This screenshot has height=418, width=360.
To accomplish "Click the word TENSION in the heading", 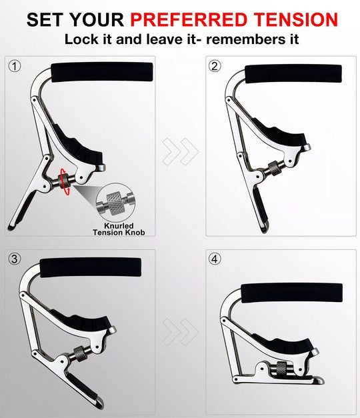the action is point(296,19).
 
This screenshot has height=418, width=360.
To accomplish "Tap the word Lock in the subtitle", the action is point(81,39).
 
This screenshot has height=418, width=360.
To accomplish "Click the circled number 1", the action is point(15,66).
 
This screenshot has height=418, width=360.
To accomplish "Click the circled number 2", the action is point(215,66).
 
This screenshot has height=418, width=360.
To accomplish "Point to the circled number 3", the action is point(15,259).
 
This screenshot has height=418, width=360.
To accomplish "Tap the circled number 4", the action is point(215,259).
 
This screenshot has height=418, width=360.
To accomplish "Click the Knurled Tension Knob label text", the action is point(119,229).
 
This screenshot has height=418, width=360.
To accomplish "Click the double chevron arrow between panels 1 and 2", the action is point(181,152).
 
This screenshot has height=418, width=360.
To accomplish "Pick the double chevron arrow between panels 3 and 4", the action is point(181,332).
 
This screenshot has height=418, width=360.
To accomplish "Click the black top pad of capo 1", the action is point(102,72).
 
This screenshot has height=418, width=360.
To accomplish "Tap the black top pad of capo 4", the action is point(292,293).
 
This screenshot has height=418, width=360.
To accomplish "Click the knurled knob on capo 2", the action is point(274,169).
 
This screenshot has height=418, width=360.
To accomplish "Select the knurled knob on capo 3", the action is point(79,353).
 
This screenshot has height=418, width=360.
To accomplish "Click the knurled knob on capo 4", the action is point(281,369).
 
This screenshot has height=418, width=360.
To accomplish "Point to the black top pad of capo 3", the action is point(91,267).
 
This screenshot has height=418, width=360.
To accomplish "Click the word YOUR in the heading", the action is point(98,19).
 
